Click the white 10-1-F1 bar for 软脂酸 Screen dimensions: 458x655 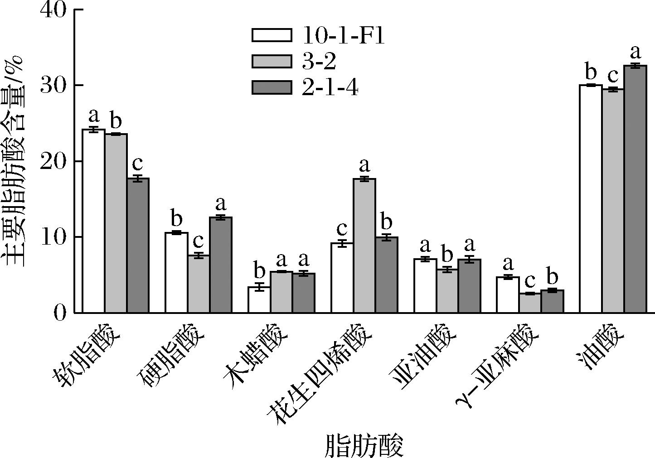[x=93, y=221]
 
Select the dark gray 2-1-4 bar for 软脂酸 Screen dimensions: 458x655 [x=138, y=246]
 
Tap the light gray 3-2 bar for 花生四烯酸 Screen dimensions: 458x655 [x=364, y=246]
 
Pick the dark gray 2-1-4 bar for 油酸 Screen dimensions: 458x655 [x=635, y=189]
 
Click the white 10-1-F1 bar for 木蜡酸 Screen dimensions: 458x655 [x=259, y=299]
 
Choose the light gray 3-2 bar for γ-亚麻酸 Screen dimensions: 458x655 [x=530, y=303]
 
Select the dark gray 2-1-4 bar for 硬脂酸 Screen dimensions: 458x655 [x=221, y=265]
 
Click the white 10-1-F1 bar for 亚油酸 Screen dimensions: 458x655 [x=425, y=285]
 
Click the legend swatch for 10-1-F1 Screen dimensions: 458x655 [x=272, y=35]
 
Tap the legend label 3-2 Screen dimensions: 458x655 [x=319, y=61]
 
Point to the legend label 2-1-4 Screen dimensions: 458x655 [x=330, y=87]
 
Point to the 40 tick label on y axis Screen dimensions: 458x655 [x=53, y=10]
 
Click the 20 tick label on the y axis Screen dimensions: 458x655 [x=53, y=162]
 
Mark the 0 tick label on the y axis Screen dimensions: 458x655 [x=60, y=313]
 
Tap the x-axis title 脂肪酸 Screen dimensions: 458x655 [x=364, y=445]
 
